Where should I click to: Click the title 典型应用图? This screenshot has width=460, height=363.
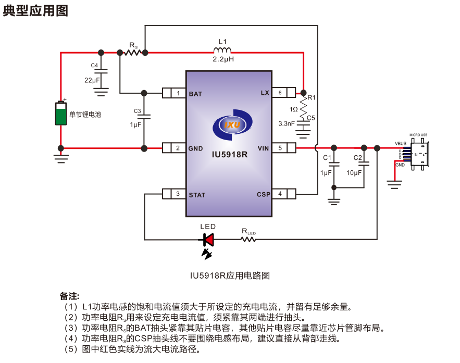click(35, 10)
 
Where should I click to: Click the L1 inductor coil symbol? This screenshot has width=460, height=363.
click(222, 51)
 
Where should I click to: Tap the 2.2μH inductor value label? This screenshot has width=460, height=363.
click(222, 60)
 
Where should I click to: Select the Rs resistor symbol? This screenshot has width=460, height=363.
click(132, 53)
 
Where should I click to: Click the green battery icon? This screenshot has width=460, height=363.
click(61, 113)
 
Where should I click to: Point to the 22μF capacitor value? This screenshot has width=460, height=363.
click(92, 80)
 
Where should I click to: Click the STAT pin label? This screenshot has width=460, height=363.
click(197, 195)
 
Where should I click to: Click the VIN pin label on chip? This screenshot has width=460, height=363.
click(263, 148)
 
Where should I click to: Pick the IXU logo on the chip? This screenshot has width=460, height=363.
click(232, 125)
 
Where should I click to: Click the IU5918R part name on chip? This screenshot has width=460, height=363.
click(229, 155)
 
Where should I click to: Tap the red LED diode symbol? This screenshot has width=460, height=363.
click(208, 240)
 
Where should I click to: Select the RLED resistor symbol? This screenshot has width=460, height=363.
click(248, 240)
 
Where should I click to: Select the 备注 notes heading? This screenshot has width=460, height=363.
click(69, 296)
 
